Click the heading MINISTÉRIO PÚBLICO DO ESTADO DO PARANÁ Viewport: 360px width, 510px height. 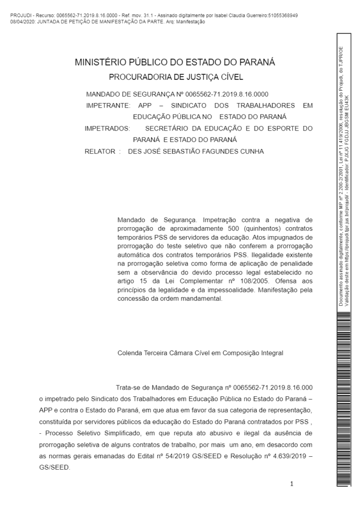(175, 63)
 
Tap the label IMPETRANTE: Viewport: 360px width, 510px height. (108, 106)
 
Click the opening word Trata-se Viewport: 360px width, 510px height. (128, 387)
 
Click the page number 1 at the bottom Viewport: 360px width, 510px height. (292, 484)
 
